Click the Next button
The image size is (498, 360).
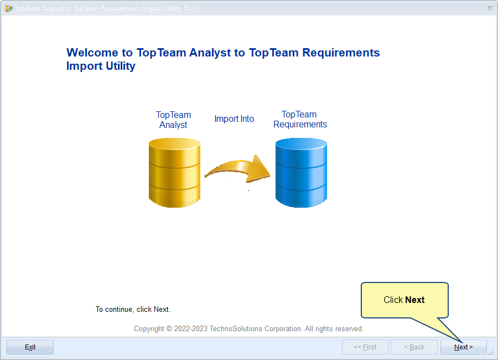[x=463, y=347]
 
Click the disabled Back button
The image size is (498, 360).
[x=414, y=347]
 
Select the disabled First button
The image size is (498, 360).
[x=365, y=347]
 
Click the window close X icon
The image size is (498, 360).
[x=490, y=8]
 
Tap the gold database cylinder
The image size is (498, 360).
[x=174, y=173]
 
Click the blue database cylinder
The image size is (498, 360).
[x=301, y=173]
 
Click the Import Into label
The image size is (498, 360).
[x=234, y=119]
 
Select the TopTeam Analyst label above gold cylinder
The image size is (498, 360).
[x=173, y=120]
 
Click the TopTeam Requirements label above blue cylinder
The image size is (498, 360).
[x=300, y=119]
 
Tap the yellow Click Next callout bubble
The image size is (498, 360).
[x=404, y=300]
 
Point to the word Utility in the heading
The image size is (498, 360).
[x=121, y=66]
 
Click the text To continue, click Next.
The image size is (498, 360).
[x=133, y=310]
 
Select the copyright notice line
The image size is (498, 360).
[x=248, y=329]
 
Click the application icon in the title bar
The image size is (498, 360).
[x=8, y=8]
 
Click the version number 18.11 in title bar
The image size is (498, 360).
[x=190, y=8]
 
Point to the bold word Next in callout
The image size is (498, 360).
[x=415, y=300]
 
